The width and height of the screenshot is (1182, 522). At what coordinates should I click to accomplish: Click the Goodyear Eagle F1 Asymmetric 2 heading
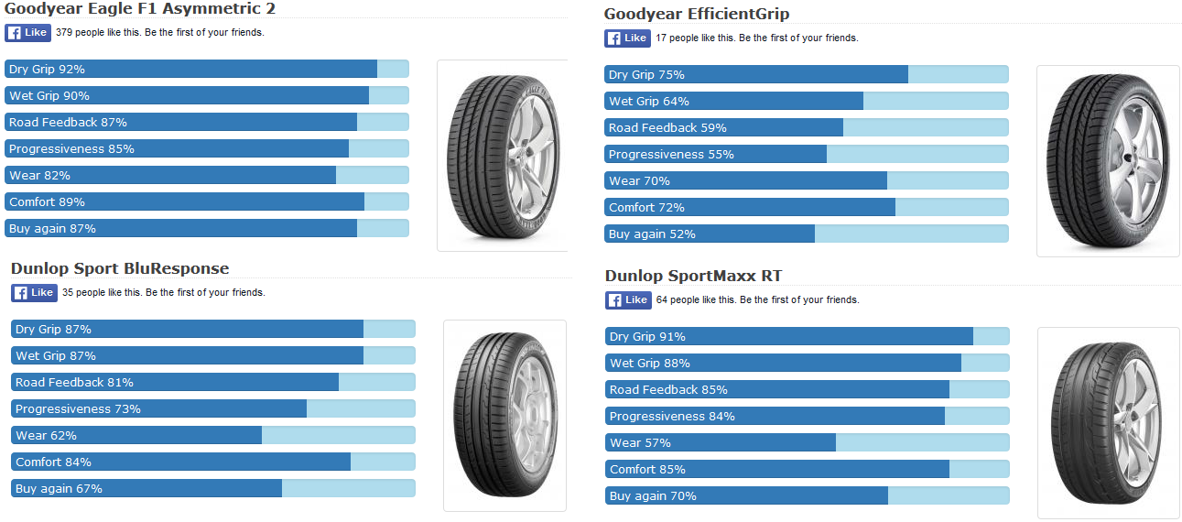click(x=140, y=9)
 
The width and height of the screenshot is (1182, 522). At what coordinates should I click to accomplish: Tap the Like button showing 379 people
click(x=27, y=33)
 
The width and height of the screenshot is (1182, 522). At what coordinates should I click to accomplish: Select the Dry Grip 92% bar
click(x=207, y=69)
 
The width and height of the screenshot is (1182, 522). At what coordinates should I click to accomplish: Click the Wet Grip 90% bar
click(x=207, y=95)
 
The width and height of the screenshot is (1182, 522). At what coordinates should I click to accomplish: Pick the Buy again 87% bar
click(x=207, y=228)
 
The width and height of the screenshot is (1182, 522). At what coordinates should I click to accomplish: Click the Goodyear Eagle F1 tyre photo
click(x=501, y=155)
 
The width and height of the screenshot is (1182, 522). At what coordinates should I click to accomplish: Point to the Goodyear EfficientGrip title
click(x=697, y=15)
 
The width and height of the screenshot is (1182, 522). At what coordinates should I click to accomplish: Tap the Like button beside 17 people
click(x=627, y=38)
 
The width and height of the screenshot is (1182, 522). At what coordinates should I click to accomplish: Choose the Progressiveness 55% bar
click(x=806, y=154)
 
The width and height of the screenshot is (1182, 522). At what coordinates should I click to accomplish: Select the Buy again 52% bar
click(x=806, y=234)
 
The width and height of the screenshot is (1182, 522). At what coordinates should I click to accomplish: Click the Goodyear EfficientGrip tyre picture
click(x=1107, y=160)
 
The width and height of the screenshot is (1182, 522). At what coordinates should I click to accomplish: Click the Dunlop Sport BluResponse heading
click(x=120, y=268)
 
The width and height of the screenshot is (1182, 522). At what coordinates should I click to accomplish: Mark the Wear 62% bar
click(x=213, y=435)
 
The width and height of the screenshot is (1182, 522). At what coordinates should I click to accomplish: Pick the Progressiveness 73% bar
click(x=213, y=408)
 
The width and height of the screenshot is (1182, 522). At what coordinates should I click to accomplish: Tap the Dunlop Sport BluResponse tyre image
click(x=504, y=415)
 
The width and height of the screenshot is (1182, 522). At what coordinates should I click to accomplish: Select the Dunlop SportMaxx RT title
click(x=694, y=276)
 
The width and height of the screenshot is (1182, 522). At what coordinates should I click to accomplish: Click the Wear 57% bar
click(x=807, y=442)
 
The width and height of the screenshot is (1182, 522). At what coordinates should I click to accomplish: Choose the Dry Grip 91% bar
click(x=807, y=336)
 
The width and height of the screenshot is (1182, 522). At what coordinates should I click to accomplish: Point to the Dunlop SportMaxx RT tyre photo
click(x=1108, y=422)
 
